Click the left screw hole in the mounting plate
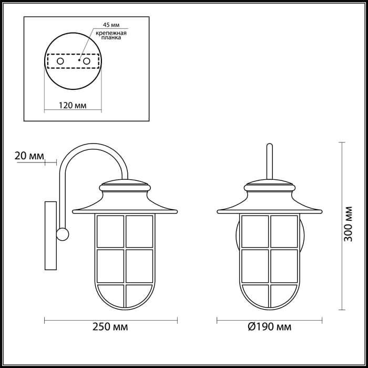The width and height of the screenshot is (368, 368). tap(60, 62)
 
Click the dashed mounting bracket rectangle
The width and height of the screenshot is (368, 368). tap(73, 55)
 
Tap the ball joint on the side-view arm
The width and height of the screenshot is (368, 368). tap(63, 234)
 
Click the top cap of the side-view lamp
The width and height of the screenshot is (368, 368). tap(125, 186)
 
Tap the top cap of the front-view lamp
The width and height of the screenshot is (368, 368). tap(270, 186)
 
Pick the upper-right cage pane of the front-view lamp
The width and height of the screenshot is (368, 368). tap(284, 230)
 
